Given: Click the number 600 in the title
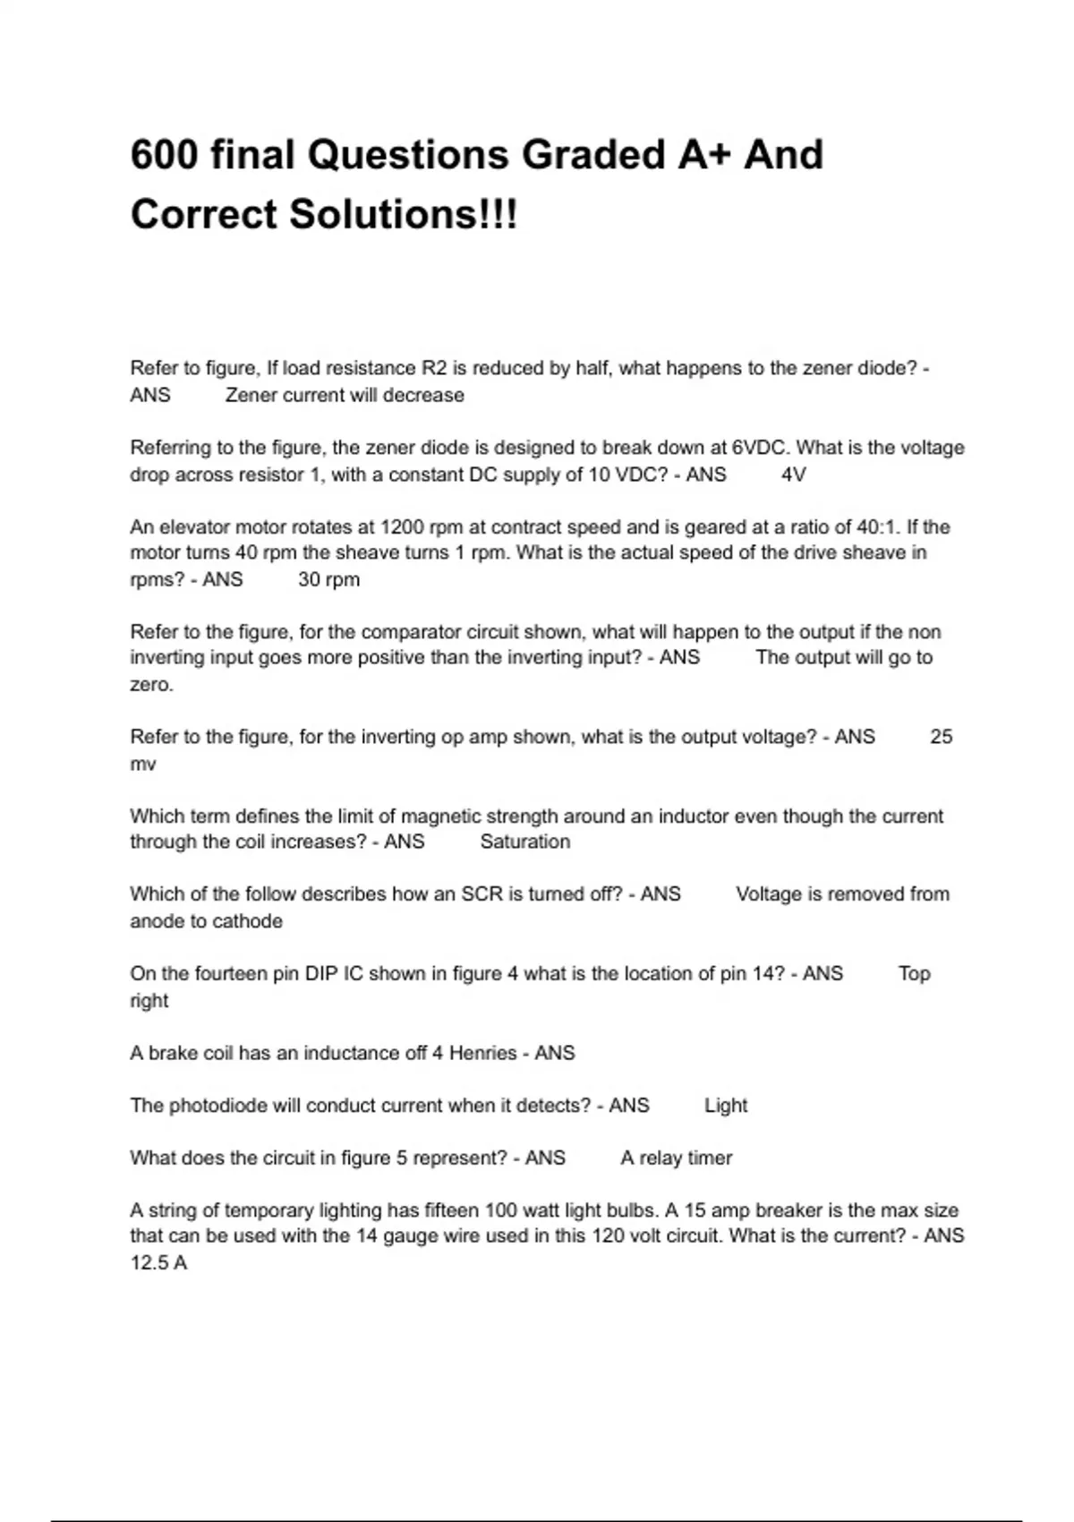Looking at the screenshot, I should [164, 155].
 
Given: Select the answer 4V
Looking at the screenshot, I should [794, 475].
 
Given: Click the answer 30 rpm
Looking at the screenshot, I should [328, 579].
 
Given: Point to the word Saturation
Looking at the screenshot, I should [524, 842].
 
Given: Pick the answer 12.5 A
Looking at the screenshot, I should [158, 1263].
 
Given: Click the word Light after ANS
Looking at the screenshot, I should [725, 1106].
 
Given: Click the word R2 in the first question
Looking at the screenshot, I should [434, 368].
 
